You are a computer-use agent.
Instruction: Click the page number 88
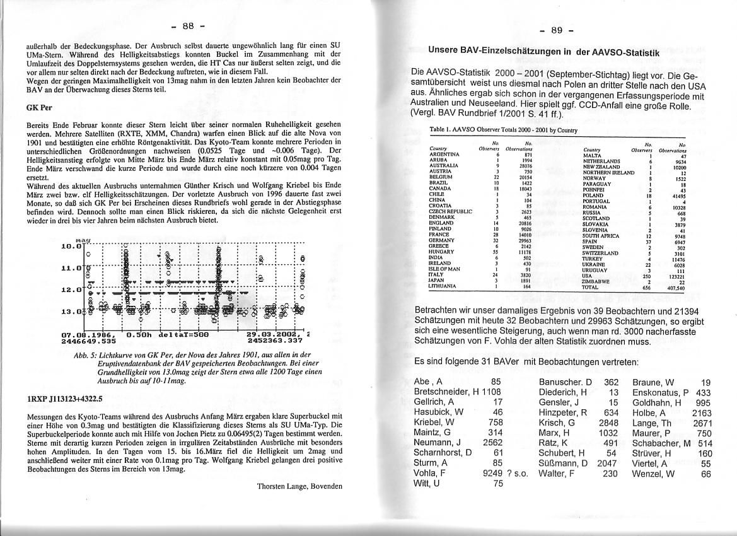[188, 26]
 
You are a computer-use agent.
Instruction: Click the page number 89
[557, 30]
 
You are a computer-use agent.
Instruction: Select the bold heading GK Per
[35, 107]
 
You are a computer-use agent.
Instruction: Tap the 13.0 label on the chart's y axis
[71, 311]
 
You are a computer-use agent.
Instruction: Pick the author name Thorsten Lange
[299, 486]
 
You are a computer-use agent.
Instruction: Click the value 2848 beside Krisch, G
[609, 421]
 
